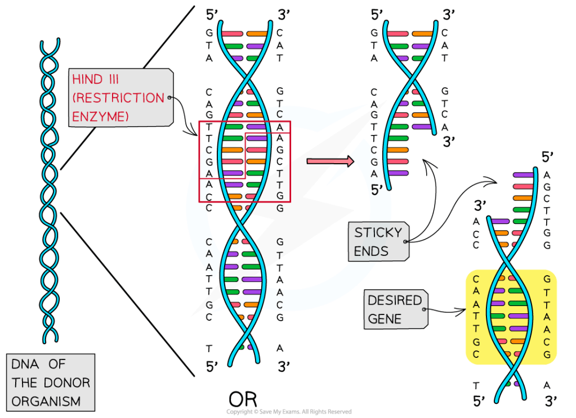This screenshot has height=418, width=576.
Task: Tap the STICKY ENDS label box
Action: coord(379,241)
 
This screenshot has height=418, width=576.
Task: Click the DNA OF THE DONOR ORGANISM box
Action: coord(51,383)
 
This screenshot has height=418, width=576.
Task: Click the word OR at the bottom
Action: coord(243,399)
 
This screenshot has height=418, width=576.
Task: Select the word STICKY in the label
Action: coord(378,232)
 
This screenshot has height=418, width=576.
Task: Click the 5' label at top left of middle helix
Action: coord(212,14)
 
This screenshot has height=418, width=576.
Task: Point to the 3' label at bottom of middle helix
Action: coord(283,367)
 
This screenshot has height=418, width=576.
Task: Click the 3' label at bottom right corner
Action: coord(551,401)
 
